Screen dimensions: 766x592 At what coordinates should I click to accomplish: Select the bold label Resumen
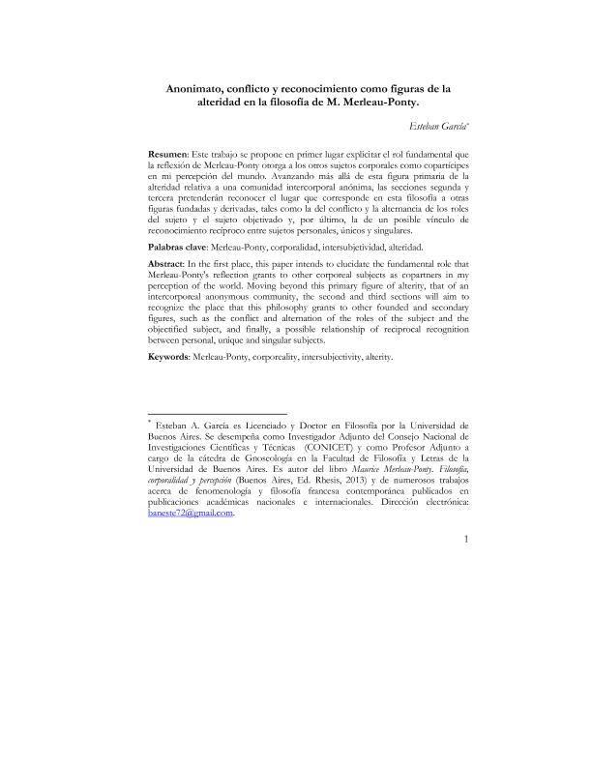(166, 155)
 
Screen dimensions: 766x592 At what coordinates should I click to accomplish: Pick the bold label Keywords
(168, 357)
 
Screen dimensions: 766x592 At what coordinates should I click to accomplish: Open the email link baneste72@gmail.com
(191, 514)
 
